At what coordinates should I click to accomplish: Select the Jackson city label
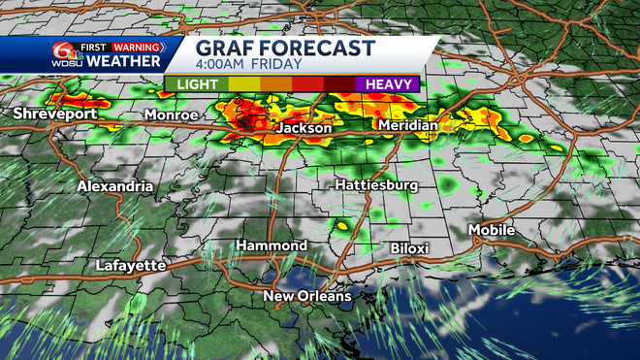[x=304, y=128]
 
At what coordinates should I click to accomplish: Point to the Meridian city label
[x=406, y=125]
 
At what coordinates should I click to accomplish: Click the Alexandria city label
[x=115, y=185]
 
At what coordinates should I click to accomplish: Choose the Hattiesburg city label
[x=376, y=184]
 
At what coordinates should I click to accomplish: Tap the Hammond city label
[x=272, y=245]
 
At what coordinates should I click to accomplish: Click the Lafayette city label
[x=132, y=265]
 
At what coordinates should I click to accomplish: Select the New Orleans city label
[x=308, y=296]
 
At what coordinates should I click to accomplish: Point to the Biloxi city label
[x=409, y=248]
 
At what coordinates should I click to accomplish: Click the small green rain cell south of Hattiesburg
[x=340, y=227]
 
